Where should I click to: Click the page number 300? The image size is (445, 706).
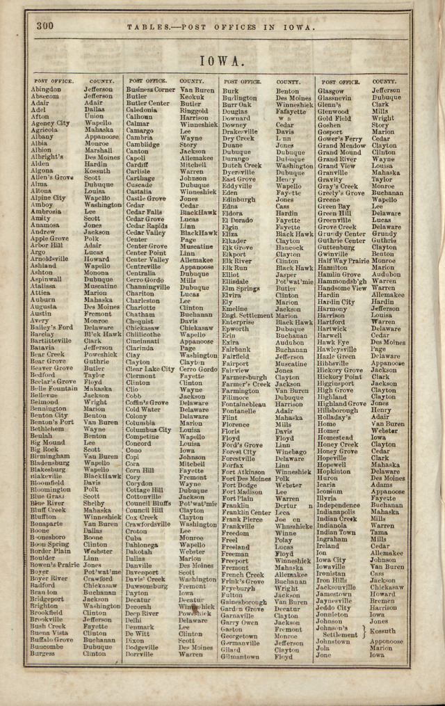tap(45, 26)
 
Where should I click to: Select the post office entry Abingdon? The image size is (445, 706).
tap(46, 90)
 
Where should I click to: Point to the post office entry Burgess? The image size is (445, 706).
tap(43, 654)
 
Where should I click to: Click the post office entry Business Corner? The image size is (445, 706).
tap(150, 90)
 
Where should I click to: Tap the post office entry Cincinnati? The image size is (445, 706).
tap(143, 342)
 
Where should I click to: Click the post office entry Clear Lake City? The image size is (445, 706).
tap(150, 369)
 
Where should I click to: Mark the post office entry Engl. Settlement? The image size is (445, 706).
tap(247, 314)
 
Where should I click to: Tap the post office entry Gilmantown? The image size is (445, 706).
tap(241, 655)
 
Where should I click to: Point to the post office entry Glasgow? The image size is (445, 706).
tap(330, 90)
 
